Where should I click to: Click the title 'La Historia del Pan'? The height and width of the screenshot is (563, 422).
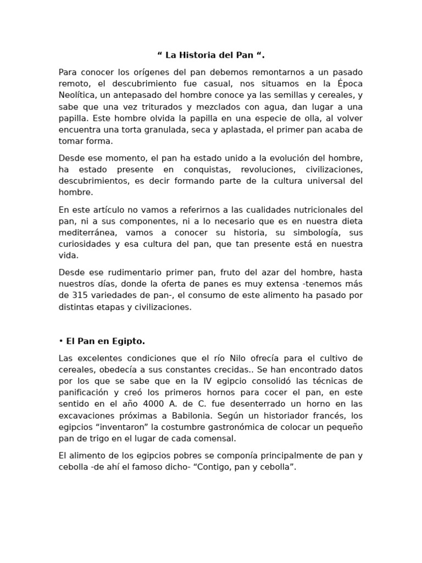click(211, 55)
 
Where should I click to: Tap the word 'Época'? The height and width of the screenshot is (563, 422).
click(349, 84)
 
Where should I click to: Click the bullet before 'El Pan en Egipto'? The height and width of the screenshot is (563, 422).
click(60, 341)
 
